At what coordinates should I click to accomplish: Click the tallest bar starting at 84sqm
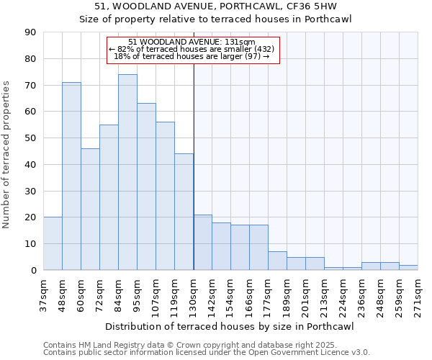[x=127, y=172]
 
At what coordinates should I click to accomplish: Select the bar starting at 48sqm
[x=71, y=176]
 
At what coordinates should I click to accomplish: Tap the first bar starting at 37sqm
[x=53, y=243]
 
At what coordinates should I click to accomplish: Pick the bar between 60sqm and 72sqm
[x=90, y=209]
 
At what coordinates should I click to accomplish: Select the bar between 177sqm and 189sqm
[x=277, y=261]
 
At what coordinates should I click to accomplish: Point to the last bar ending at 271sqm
[x=408, y=267]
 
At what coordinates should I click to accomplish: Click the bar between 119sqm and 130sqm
[x=184, y=212]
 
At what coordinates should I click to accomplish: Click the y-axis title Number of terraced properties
[x=6, y=154]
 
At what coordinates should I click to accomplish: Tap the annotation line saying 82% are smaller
[x=192, y=49]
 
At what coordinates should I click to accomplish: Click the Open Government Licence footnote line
[x=207, y=353]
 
